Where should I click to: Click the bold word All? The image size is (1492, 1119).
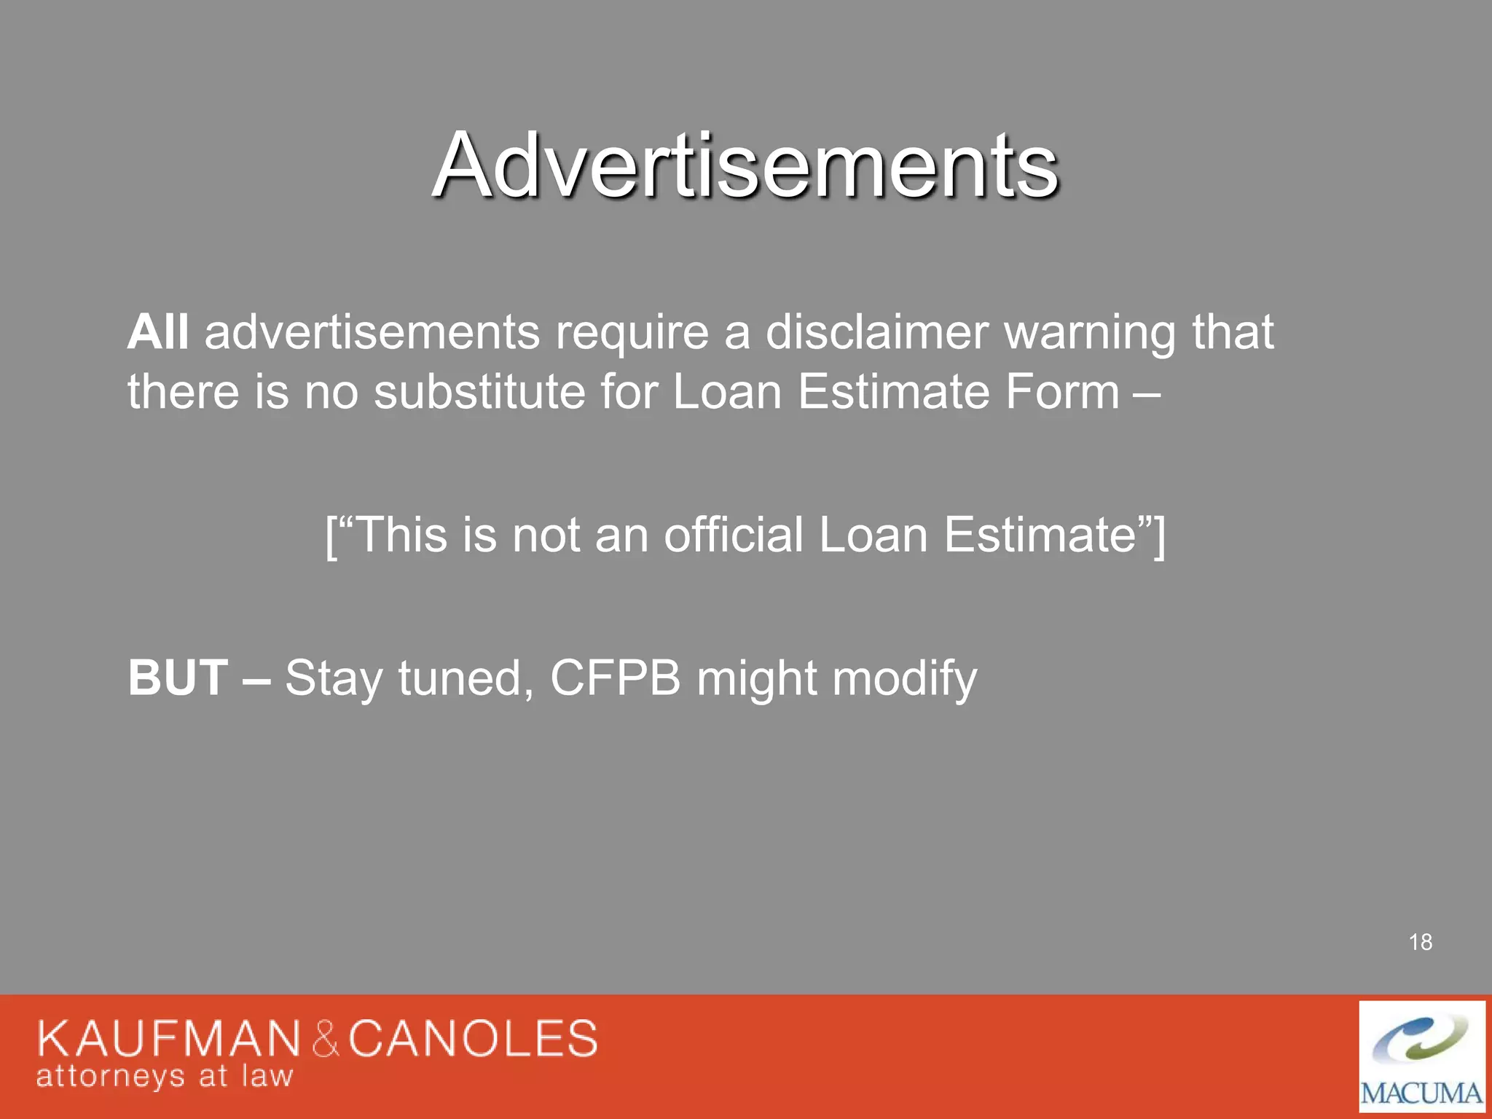(x=158, y=332)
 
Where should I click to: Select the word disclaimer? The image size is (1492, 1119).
(x=876, y=332)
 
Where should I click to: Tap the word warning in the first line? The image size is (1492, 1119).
(x=1090, y=332)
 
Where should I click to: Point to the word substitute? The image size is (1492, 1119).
(x=479, y=392)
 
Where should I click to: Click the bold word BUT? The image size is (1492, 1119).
(x=178, y=678)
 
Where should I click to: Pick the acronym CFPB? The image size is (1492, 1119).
(x=615, y=678)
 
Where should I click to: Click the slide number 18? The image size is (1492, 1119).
(x=1420, y=942)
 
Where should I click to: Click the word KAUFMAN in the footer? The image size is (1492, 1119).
(x=168, y=1038)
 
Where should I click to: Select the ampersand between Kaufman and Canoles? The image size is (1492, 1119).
(x=326, y=1039)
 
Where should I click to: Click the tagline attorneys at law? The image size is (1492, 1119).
(x=165, y=1076)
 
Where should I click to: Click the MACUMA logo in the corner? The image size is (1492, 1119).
(x=1421, y=1056)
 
